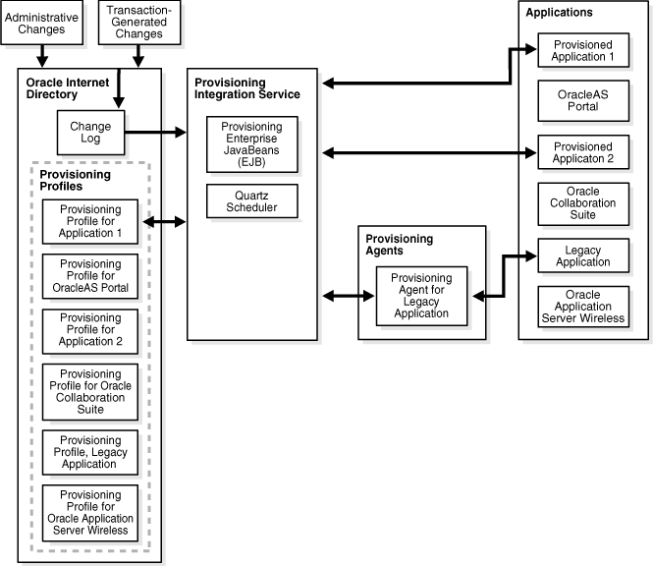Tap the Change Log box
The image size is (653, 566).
pos(90,132)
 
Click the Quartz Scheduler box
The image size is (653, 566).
pos(252,200)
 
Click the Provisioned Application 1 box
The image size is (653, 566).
pos(582,51)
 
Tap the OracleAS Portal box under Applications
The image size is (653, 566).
pos(582,101)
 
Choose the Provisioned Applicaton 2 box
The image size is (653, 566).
pos(582,151)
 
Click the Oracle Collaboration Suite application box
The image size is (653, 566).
pos(582,202)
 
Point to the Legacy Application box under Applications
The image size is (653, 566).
pos(582,255)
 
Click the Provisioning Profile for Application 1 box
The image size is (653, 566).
pos(90,221)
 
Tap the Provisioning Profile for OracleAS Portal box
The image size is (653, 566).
pos(90,277)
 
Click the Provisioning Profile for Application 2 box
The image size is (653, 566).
pos(90,331)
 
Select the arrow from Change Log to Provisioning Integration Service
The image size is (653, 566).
pos(157,132)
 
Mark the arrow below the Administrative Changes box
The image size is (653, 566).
pos(42,57)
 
